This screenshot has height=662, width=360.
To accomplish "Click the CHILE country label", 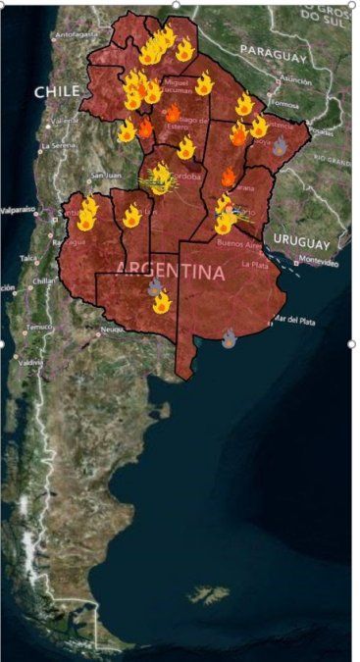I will tap(57, 91).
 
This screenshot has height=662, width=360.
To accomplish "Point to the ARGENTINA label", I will tap(170, 270).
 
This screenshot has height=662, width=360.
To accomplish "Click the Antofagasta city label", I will tap(77, 34).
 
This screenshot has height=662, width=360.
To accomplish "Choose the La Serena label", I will tap(55, 145).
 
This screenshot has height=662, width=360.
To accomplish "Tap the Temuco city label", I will tap(38, 326).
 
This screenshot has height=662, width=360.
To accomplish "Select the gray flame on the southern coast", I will tap(229, 338).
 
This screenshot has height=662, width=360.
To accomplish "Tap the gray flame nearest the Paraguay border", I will tap(280, 146).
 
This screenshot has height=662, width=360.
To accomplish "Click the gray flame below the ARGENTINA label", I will tap(155, 285).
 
